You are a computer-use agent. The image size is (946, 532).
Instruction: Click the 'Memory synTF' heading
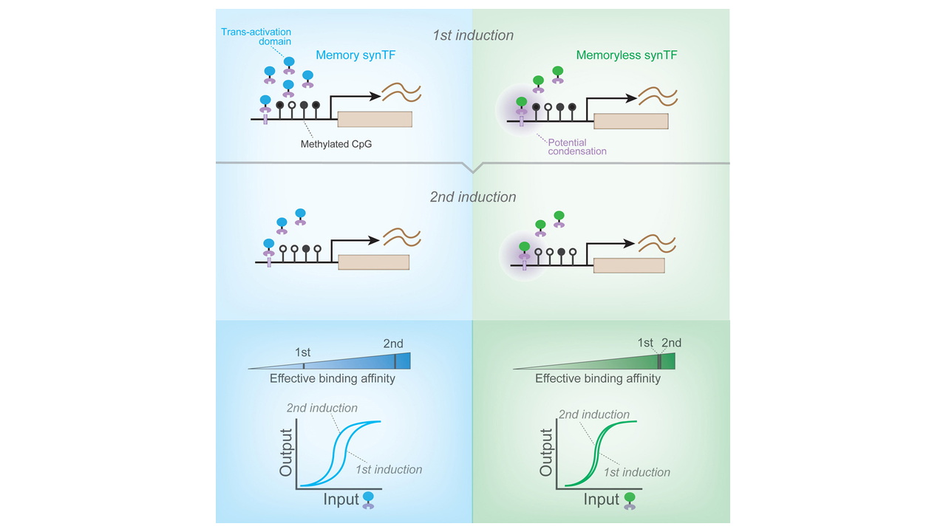(355, 55)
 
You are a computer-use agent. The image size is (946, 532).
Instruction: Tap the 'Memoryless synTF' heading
(627, 55)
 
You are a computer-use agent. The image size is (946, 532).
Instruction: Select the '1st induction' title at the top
(473, 35)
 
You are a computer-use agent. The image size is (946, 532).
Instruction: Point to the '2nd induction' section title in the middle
(473, 197)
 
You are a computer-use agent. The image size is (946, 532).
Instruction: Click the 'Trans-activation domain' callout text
(256, 36)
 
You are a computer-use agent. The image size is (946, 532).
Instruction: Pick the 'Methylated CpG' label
(336, 144)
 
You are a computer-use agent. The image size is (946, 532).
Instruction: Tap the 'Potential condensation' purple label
(577, 146)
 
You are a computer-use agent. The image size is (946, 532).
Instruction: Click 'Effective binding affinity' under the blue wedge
(333, 378)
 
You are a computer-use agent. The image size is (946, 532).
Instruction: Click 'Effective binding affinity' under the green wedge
(598, 378)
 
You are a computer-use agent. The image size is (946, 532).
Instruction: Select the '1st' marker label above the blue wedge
(302, 352)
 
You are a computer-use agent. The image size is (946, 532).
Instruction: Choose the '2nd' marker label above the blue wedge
(392, 344)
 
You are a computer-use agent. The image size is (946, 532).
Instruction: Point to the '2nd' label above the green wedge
(671, 342)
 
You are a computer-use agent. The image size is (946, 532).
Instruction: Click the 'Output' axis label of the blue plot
(286, 453)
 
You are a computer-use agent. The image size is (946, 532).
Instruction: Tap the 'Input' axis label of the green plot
(602, 499)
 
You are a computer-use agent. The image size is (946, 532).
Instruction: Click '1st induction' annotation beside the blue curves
(389, 469)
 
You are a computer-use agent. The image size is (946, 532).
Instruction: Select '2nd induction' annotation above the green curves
(593, 415)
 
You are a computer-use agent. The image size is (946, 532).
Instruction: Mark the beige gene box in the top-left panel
(375, 119)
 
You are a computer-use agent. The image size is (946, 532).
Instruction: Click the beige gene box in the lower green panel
(629, 265)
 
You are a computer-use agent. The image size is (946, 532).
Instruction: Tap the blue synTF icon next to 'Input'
(368, 500)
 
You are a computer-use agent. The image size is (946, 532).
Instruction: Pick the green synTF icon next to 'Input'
(630, 501)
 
